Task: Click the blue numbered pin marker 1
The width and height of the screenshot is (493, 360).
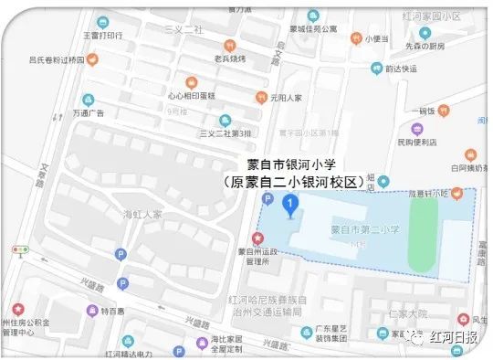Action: tap(290, 204)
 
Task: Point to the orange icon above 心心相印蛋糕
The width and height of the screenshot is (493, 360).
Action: tap(191, 80)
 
